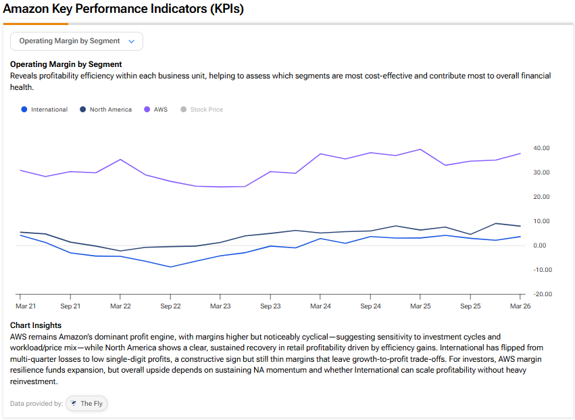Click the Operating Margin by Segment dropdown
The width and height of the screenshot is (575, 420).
click(76, 41)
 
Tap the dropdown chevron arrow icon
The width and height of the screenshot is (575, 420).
click(131, 41)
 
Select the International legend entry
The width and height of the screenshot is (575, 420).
click(45, 110)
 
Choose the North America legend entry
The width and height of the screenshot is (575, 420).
click(105, 110)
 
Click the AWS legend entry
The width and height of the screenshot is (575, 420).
click(156, 110)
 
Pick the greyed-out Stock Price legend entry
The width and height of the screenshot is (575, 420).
click(202, 110)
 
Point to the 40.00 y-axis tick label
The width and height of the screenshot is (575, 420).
click(541, 148)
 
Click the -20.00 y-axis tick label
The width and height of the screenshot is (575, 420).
click(541, 294)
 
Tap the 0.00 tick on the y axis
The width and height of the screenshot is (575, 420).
click(539, 246)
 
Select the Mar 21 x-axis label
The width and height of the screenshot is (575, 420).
click(26, 306)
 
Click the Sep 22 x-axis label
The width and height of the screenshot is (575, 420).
click(170, 306)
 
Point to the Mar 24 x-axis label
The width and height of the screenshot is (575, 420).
click(320, 306)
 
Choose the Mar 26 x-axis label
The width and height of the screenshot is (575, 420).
click(520, 306)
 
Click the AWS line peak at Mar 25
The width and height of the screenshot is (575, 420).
click(420, 149)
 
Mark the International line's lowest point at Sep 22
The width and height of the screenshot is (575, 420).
click(170, 267)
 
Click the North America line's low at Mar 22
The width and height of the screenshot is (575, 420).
click(120, 251)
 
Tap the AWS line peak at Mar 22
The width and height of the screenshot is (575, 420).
click(120, 160)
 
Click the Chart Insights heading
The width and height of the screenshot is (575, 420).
click(36, 325)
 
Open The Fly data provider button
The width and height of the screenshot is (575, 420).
click(86, 404)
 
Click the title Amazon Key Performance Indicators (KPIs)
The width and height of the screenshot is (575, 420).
click(123, 9)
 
